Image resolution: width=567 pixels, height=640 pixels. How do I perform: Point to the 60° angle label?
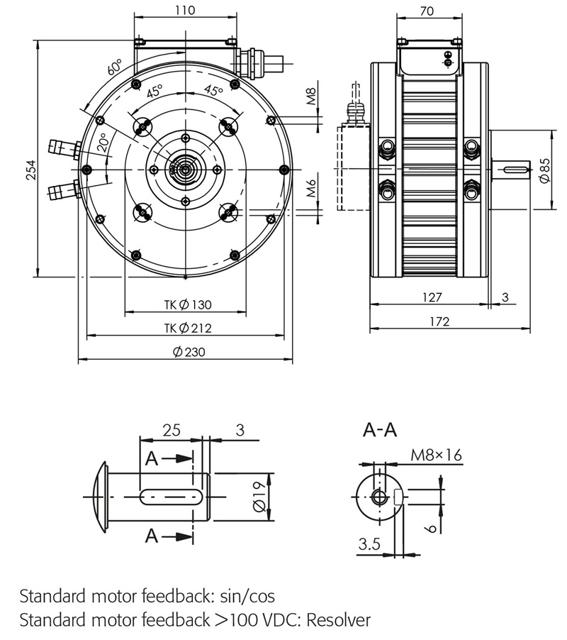click(x=115, y=69)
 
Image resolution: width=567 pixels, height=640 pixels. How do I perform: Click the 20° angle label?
click(x=103, y=144)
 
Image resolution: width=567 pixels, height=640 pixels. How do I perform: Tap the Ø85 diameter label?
click(x=544, y=171)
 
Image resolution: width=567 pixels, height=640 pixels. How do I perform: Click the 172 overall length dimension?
click(x=439, y=321)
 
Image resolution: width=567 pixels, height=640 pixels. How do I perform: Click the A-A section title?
click(x=381, y=430)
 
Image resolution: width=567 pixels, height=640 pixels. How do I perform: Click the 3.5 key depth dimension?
click(x=369, y=544)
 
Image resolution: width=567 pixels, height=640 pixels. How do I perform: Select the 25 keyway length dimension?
click(x=171, y=430)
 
